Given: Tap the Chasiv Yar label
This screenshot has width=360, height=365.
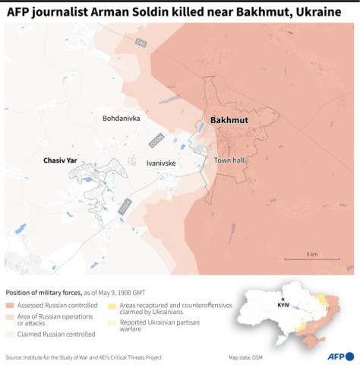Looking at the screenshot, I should (x=62, y=160).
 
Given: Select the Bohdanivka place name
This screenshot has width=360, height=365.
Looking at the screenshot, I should (x=122, y=119).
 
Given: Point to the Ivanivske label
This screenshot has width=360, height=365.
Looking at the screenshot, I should (x=161, y=163).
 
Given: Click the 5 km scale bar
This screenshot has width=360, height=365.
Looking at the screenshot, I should (x=311, y=259).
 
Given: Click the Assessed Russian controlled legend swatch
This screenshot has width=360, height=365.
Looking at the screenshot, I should (x=9, y=305).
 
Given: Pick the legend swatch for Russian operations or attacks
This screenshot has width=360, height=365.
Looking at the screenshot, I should (x=9, y=316).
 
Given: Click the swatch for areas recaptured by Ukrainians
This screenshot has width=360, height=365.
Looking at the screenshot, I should (x=112, y=305).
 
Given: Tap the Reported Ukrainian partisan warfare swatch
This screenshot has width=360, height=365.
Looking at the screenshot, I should (x=112, y=323).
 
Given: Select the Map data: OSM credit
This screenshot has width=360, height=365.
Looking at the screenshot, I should (x=247, y=357).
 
